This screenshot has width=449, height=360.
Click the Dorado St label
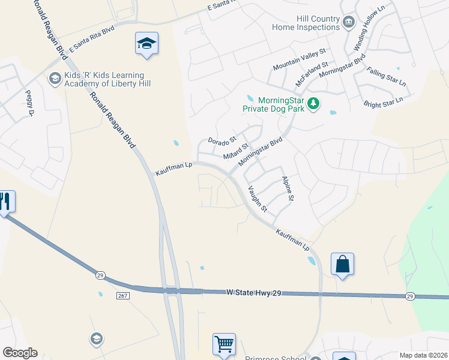(x=219, y=141)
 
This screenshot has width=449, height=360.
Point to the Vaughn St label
(x=258, y=199)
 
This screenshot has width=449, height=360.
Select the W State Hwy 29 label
(x=253, y=292)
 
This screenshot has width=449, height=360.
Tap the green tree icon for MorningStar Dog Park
(x=313, y=104)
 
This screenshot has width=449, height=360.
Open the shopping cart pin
(x=224, y=344)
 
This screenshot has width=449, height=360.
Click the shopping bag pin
(x=342, y=264)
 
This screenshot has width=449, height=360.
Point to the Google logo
(x=20, y=353)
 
